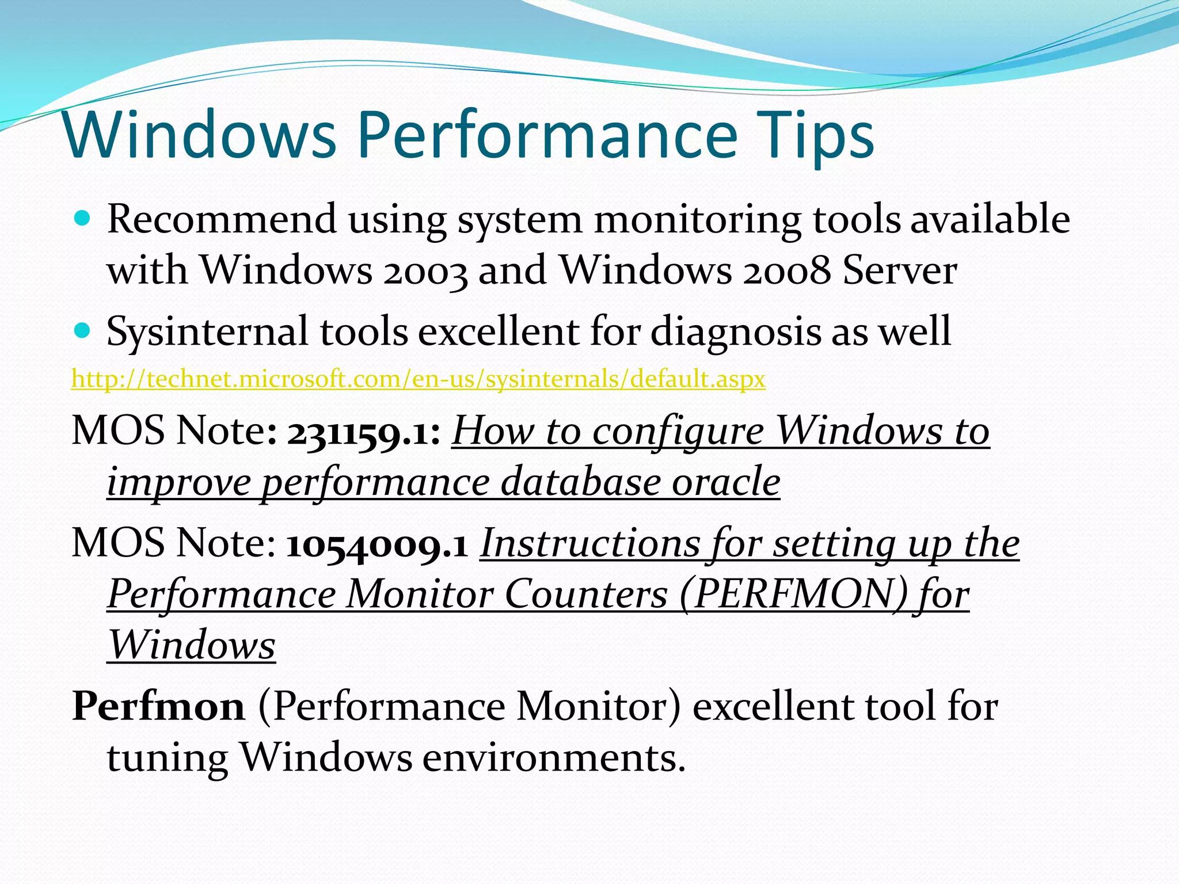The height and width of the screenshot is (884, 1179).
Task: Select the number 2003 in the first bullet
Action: pyautogui.click(x=425, y=270)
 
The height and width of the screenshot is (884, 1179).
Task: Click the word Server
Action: pyautogui.click(x=899, y=270)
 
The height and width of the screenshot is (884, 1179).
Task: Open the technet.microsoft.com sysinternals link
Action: pyautogui.click(x=418, y=379)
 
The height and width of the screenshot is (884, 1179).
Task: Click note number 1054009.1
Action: pyautogui.click(x=376, y=544)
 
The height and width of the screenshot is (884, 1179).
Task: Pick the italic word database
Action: pyautogui.click(x=580, y=482)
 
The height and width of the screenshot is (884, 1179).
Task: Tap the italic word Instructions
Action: pyautogui.click(x=589, y=544)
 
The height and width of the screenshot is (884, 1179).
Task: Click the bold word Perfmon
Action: pyautogui.click(x=158, y=707)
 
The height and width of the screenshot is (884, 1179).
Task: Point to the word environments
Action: pyautogui.click(x=554, y=757)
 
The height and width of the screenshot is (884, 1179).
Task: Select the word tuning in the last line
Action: pyautogui.click(x=167, y=759)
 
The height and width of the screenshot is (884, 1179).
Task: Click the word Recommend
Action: pyautogui.click(x=222, y=220)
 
